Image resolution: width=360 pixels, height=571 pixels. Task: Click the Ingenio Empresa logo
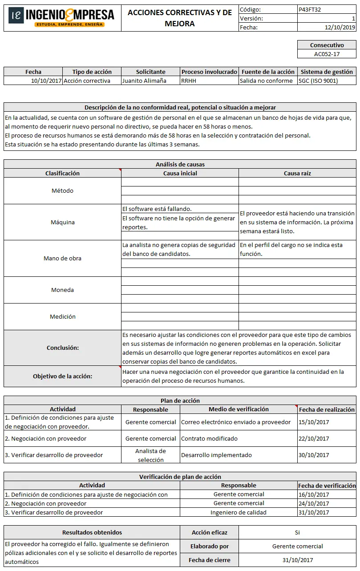tap(62, 17)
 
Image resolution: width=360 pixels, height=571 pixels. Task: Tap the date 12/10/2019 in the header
tap(340, 27)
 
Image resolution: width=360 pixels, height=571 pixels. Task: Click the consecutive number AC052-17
tap(327, 54)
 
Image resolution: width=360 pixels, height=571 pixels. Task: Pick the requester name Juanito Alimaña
tap(144, 81)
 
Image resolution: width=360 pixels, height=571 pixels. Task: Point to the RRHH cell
tap(189, 81)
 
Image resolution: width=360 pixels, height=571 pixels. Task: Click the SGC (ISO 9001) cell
tap(318, 81)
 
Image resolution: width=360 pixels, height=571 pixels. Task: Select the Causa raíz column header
tap(297, 173)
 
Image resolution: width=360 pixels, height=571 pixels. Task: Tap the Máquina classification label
tap(62, 222)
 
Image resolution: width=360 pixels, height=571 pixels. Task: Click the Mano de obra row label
tap(62, 258)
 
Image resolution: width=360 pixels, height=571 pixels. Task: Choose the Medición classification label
tap(62, 316)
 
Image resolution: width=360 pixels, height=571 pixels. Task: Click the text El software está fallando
tap(157, 209)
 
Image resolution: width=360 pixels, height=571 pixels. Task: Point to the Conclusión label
tap(62, 348)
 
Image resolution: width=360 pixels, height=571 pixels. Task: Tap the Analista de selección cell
tap(150, 455)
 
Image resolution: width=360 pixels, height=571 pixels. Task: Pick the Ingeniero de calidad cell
tap(239, 512)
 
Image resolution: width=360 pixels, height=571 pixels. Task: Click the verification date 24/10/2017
tap(314, 503)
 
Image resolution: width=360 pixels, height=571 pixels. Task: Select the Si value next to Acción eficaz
tap(297, 532)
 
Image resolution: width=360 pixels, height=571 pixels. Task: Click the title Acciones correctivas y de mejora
tap(180, 18)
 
